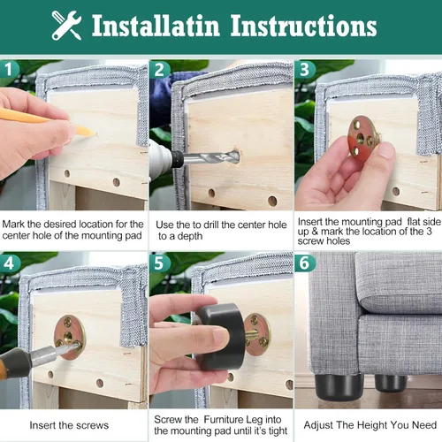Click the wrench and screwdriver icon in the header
click(66, 26)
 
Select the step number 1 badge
click(11, 69)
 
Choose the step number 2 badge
click(159, 69)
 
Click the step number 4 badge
click(11, 263)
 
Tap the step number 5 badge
click(159, 263)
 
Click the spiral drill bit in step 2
click(212, 159)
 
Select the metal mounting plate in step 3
click(365, 135)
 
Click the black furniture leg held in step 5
click(222, 336)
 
